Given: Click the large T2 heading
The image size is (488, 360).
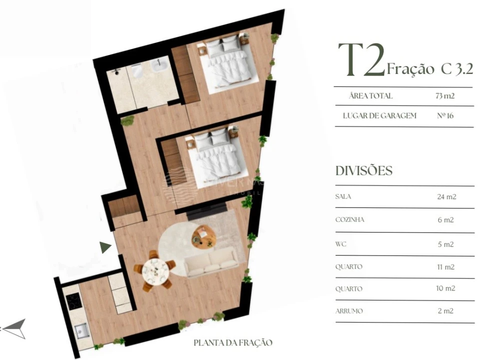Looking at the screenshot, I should pyautogui.click(x=362, y=60).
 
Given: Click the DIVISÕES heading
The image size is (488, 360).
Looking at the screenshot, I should pyautogui.click(x=364, y=171).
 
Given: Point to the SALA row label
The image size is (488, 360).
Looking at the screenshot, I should pyautogui.click(x=343, y=196).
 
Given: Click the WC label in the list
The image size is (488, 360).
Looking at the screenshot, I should pyautogui.click(x=341, y=244).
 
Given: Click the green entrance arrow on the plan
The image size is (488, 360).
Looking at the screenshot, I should pyautogui.click(x=105, y=247).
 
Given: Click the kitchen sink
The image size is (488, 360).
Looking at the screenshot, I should pyautogui.click(x=80, y=330).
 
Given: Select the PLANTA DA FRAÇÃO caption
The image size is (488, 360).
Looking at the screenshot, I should pyautogui.click(x=233, y=343).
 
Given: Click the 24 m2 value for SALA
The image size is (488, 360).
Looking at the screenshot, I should pyautogui.click(x=446, y=197).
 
